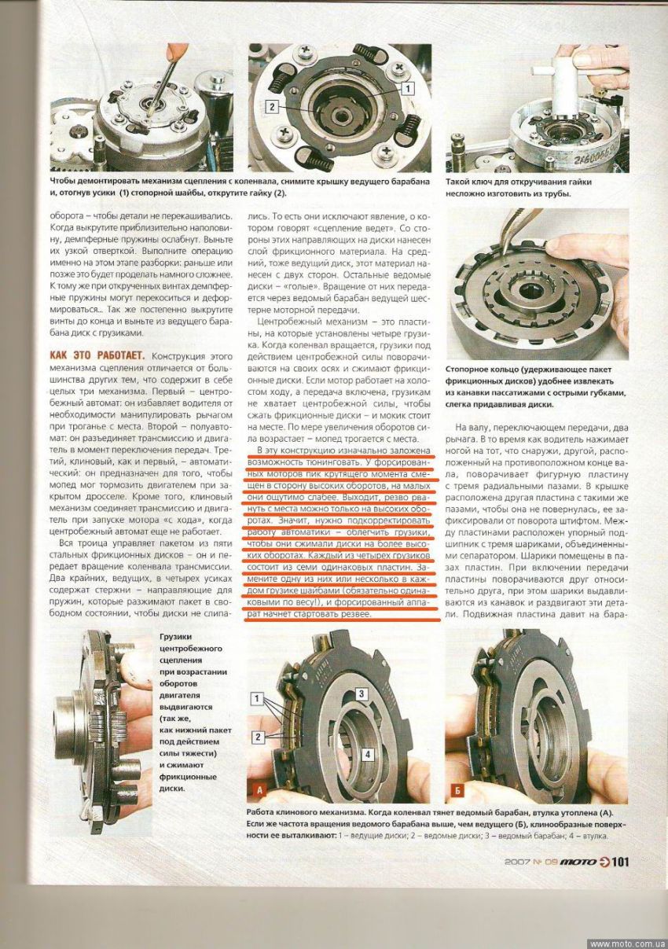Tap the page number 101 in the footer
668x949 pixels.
click(x=619, y=861)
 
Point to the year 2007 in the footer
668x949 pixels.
click(x=519, y=862)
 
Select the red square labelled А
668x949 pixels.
click(x=259, y=788)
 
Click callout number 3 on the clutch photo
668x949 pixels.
click(x=362, y=693)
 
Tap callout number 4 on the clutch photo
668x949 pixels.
click(x=366, y=753)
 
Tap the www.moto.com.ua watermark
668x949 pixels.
click(x=627, y=943)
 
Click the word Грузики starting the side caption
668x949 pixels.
click(x=177, y=637)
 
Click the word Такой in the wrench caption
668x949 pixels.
click(x=460, y=182)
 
